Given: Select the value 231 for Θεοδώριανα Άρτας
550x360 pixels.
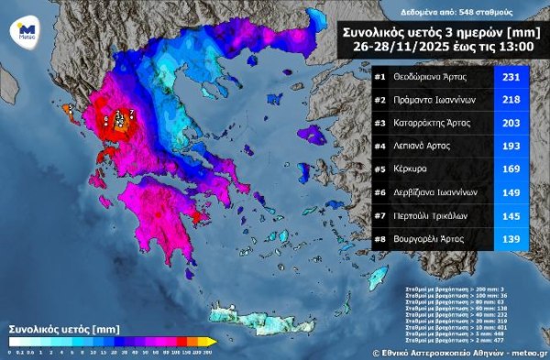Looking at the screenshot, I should click(x=510, y=76).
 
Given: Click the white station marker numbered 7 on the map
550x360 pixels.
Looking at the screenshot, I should click(x=131, y=113).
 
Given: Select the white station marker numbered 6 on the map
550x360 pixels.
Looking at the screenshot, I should click(x=105, y=119).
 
